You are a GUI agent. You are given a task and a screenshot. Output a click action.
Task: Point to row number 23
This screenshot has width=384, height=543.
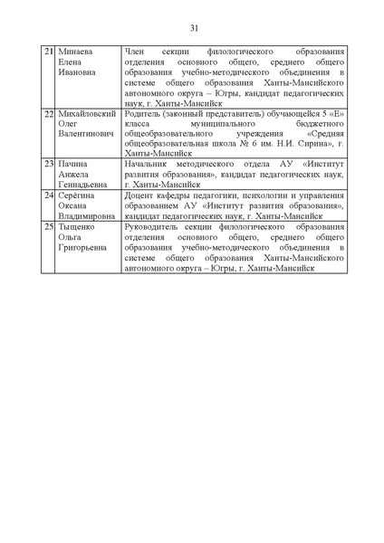tap(49, 162)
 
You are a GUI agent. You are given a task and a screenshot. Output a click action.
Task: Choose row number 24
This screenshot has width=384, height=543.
tap(49, 195)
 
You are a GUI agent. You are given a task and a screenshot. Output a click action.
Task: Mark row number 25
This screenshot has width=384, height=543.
tap(49, 227)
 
